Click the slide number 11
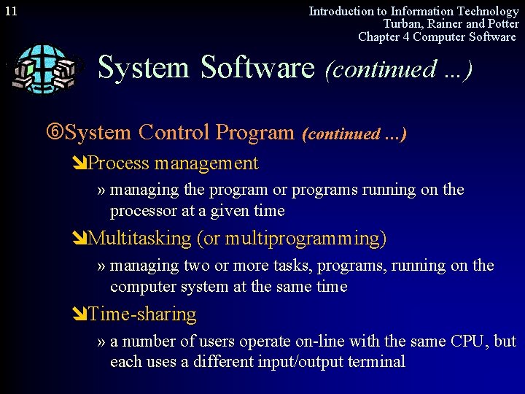(x=11, y=12)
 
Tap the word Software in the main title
(x=257, y=68)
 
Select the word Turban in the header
(x=403, y=24)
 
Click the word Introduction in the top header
(x=341, y=11)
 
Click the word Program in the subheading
(x=255, y=133)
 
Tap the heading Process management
(x=173, y=163)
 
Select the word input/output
(x=298, y=362)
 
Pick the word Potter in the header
(x=501, y=24)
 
